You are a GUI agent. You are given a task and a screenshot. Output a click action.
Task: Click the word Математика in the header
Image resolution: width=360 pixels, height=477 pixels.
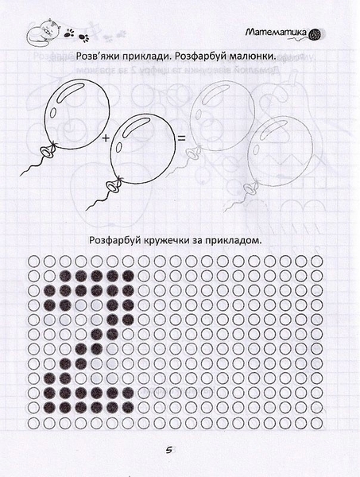pyautogui.click(x=275, y=33)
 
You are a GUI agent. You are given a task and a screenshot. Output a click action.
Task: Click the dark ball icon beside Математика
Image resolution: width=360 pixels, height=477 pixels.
pyautogui.click(x=315, y=33)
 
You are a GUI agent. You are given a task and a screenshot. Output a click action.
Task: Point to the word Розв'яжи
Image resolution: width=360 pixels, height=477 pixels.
pyautogui.click(x=99, y=58)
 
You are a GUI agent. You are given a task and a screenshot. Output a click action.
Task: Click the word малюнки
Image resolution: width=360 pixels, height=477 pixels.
pyautogui.click(x=253, y=58)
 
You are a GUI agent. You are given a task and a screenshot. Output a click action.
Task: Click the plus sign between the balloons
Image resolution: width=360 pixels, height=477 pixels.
pyautogui.click(x=105, y=139)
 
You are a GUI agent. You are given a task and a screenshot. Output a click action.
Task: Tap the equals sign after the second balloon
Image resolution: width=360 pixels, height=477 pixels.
pyautogui.click(x=180, y=140)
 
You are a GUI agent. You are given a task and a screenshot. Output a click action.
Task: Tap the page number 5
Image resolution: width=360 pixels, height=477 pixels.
pyautogui.click(x=168, y=451)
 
